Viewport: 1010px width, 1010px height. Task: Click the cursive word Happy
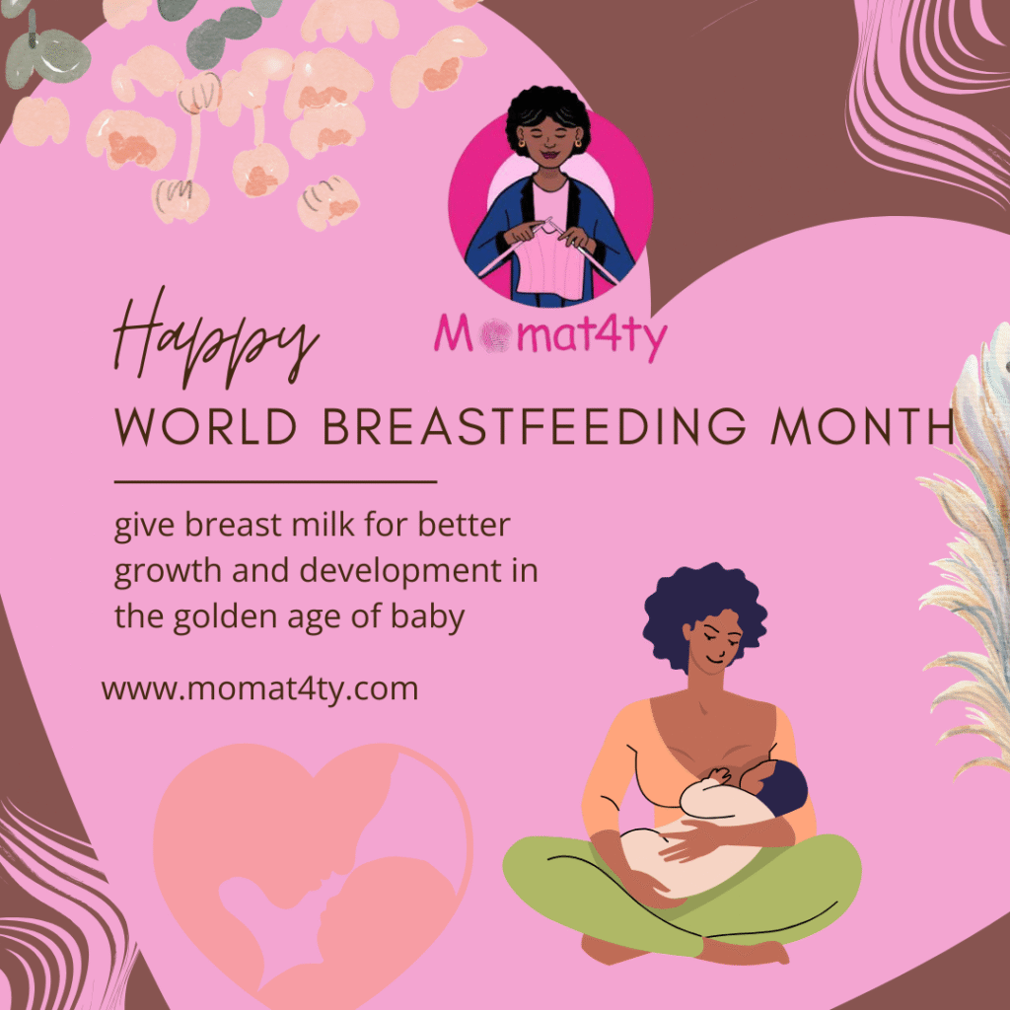pyautogui.click(x=216, y=338)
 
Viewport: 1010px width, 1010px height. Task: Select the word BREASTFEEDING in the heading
pyautogui.click(x=534, y=426)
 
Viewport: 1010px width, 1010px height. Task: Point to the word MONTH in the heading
pyautogui.click(x=862, y=426)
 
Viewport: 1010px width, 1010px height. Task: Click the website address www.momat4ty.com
pyautogui.click(x=259, y=689)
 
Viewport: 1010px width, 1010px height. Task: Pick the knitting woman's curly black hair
pyautogui.click(x=548, y=116)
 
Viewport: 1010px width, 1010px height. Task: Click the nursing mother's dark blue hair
pyautogui.click(x=704, y=612)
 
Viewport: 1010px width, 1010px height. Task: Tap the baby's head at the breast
pyautogui.click(x=781, y=787)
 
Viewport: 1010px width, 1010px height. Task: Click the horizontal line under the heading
pyautogui.click(x=276, y=481)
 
